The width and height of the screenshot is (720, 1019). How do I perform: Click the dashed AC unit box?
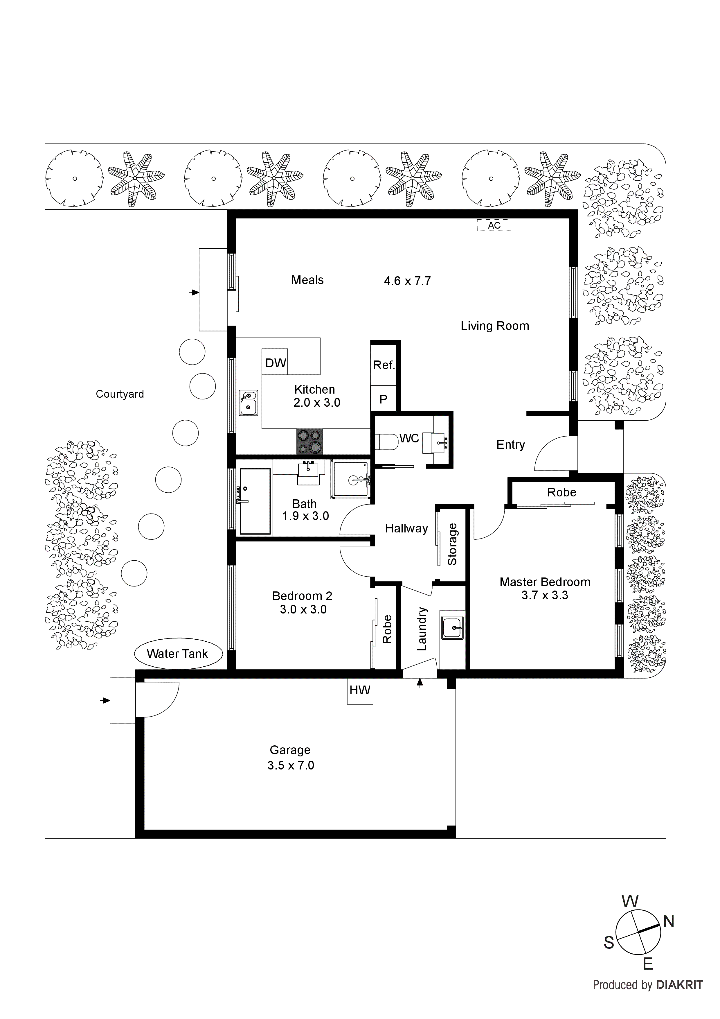(494, 225)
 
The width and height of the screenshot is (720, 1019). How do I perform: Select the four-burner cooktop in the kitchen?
(310, 442)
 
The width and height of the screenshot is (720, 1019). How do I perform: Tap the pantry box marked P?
(383, 399)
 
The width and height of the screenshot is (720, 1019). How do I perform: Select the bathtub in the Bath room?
(255, 501)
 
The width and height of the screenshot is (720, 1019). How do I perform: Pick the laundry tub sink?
(452, 627)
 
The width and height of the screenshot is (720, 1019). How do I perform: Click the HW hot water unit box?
(360, 690)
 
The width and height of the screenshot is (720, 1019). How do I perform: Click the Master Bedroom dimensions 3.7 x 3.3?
(544, 595)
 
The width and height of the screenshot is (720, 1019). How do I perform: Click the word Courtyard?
(120, 394)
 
